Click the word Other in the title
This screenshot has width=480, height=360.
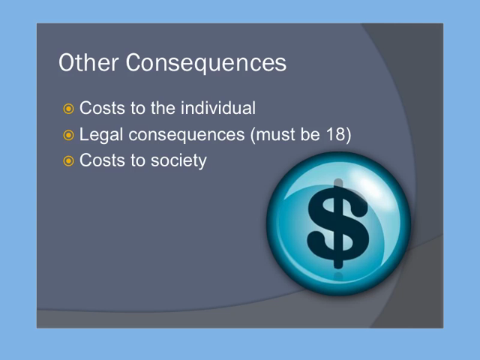click(88, 62)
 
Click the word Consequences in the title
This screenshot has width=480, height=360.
click(206, 63)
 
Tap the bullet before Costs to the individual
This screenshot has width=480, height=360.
click(68, 109)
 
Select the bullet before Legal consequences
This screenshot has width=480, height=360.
click(68, 135)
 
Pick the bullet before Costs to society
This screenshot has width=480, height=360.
click(68, 161)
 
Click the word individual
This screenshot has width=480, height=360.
click(218, 108)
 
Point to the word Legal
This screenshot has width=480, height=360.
click(101, 135)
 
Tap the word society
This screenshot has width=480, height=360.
click(178, 161)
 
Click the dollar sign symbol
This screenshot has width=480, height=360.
click(338, 223)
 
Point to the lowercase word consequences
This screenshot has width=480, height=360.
click(187, 135)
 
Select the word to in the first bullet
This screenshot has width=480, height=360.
click(138, 108)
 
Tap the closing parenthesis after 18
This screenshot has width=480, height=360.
click(348, 135)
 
